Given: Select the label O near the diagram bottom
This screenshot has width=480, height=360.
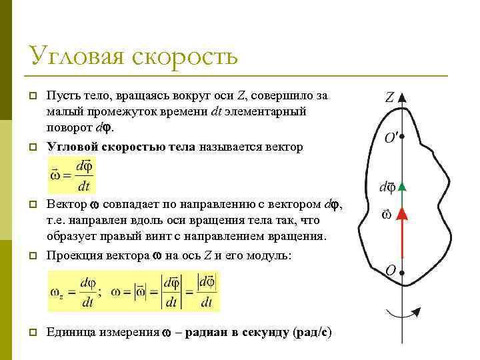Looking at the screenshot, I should pyautogui.click(x=391, y=271).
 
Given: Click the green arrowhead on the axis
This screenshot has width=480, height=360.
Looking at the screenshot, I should pyautogui.click(x=402, y=187).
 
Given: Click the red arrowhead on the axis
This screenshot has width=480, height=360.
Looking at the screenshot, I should pyautogui.click(x=402, y=213).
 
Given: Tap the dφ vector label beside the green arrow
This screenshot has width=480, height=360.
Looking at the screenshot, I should pyautogui.click(x=387, y=187).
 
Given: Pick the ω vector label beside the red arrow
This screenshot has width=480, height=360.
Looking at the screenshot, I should pyautogui.click(x=386, y=215).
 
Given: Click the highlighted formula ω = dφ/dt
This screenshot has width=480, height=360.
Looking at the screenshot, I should pyautogui.click(x=71, y=175).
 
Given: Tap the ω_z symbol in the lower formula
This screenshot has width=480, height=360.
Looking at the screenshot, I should pyautogui.click(x=57, y=292).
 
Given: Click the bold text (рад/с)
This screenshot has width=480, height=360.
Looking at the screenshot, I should pyautogui.click(x=313, y=332).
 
